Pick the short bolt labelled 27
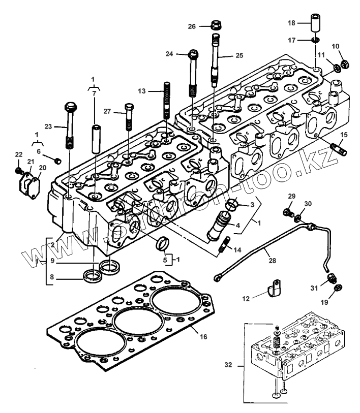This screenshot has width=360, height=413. pyautogui.click(x=128, y=116)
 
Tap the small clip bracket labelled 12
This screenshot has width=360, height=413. pyautogui.click(x=275, y=290)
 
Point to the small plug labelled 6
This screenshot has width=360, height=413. pyautogui.click(x=57, y=161)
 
